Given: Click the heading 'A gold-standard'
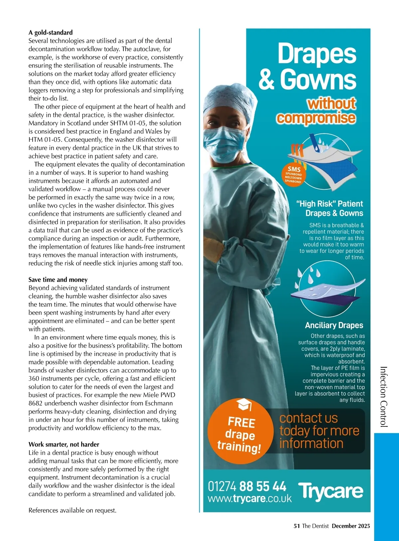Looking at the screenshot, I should click(51, 33).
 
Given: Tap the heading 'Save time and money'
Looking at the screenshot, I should click(58, 280).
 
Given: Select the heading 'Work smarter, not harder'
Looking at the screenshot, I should click(64, 444).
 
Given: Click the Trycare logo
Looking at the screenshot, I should click(331, 491).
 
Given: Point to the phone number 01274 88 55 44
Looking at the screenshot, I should click(247, 487).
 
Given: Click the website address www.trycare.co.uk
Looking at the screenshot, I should click(249, 498).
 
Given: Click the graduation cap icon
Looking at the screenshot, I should click(244, 405).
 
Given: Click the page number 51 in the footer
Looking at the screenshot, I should click(297, 526).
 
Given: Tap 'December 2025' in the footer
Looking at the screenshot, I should click(351, 526).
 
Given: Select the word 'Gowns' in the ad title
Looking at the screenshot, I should click(318, 79).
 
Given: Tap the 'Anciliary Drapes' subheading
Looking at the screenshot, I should click(334, 325).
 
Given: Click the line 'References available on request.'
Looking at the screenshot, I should click(72, 510).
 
